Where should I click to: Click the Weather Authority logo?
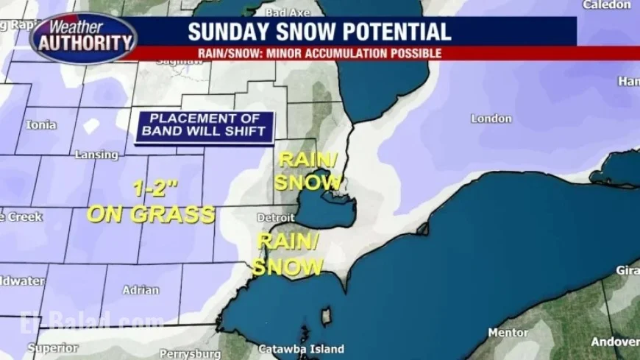83,37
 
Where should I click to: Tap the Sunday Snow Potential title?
319,32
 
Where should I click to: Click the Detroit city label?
276,218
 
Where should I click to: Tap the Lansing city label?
96,155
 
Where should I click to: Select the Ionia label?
41,125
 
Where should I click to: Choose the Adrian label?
141,290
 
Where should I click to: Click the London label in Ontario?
491,119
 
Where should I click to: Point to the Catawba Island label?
299,349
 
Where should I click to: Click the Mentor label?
508,333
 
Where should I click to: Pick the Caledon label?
607,5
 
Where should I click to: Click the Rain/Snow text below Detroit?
288,255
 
